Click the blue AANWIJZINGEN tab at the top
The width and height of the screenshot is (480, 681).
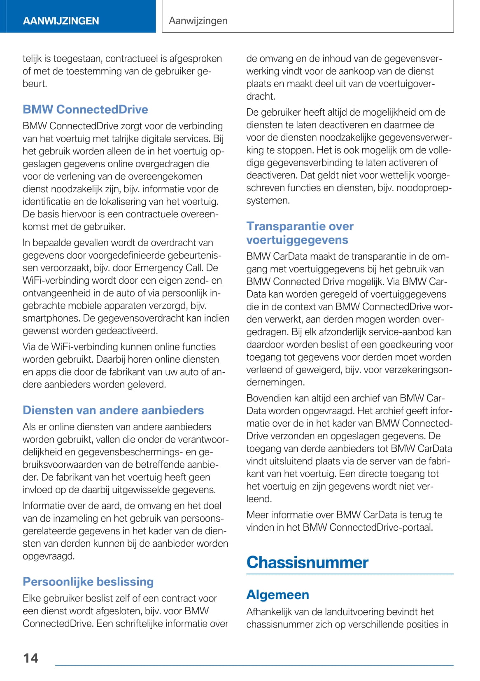tap(61, 21)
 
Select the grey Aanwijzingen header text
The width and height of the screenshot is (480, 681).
tap(198, 21)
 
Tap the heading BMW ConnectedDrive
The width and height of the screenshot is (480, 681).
tap(85, 110)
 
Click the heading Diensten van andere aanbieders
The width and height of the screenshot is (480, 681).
tap(113, 410)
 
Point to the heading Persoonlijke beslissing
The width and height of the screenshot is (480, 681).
tap(88, 582)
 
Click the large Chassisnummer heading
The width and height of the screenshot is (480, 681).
tap(307, 562)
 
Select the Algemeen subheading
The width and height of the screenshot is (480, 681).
tap(277, 595)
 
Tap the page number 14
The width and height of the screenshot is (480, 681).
tap(31, 658)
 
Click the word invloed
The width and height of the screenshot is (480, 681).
tap(37, 490)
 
